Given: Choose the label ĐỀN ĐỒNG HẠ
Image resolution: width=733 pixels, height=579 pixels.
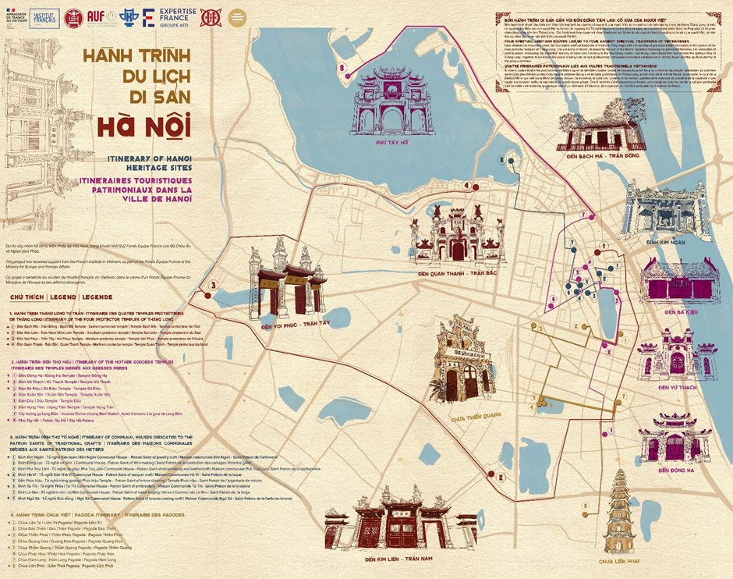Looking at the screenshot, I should pos(675,469).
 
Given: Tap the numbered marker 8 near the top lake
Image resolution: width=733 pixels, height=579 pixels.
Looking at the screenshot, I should pos(342,69).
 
